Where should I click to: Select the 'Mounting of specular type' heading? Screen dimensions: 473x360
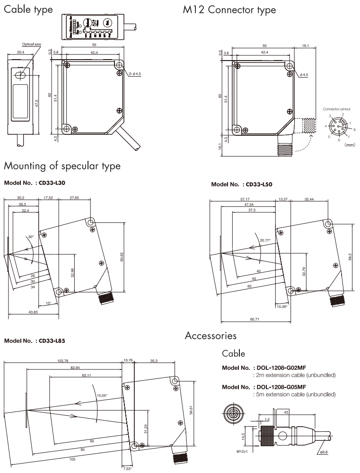62,166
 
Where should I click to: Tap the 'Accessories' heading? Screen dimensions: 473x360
210,336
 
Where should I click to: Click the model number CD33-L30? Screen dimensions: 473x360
50,182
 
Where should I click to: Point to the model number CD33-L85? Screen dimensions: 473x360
50,341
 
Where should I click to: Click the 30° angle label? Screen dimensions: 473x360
30,236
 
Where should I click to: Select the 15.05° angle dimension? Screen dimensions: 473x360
102,395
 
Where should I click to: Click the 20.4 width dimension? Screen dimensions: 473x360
20,53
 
